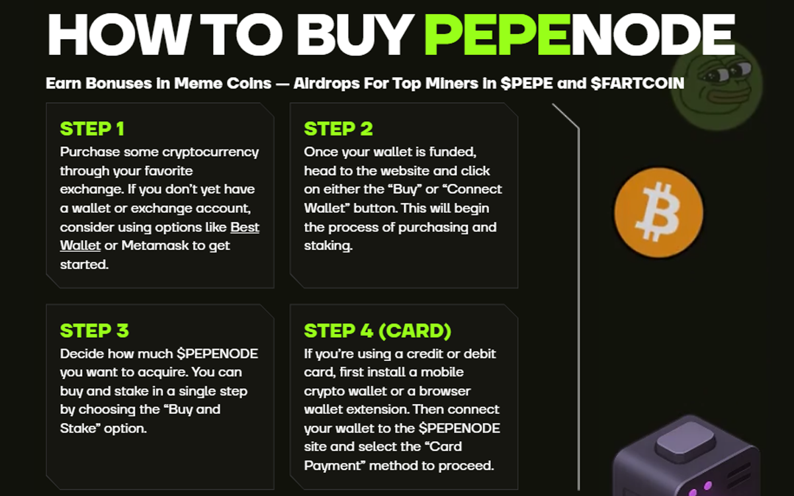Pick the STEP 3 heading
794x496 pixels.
point(94,330)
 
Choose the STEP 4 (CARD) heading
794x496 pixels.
point(377,330)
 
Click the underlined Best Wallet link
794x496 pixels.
point(244,227)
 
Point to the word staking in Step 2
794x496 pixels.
point(328,246)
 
